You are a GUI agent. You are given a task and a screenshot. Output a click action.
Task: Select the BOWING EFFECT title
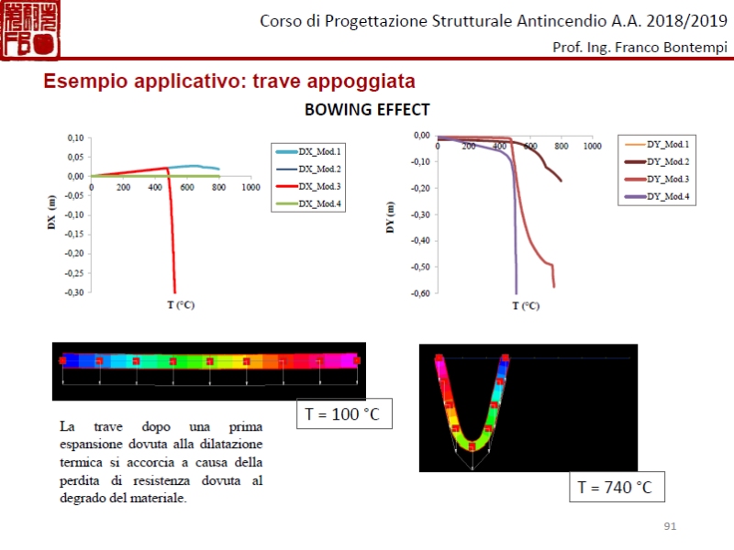(367, 111)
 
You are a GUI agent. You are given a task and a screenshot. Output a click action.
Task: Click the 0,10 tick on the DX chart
(74, 137)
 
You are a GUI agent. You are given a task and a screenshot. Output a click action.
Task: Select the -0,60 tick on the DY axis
(420, 293)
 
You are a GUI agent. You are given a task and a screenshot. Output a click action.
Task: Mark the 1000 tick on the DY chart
(593, 146)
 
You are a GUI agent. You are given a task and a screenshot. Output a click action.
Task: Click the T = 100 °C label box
(342, 414)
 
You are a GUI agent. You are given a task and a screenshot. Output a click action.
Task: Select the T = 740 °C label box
(615, 487)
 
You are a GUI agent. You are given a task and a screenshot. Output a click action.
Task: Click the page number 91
(670, 526)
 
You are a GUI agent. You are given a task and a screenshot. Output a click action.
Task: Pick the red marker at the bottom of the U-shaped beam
(472, 446)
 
